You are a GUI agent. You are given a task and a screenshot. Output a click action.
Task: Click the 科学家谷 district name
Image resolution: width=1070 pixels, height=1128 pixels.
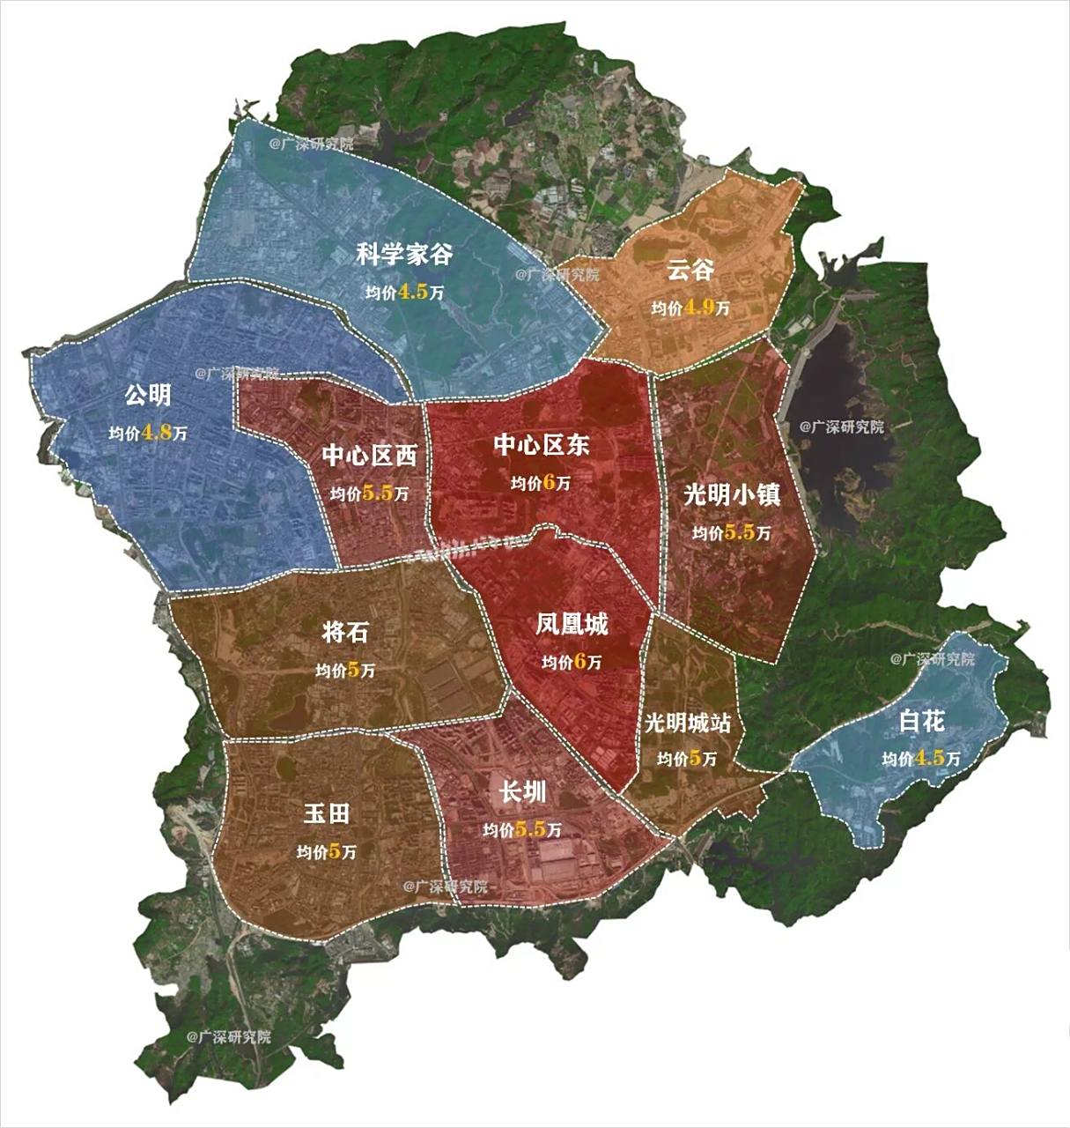click(x=404, y=255)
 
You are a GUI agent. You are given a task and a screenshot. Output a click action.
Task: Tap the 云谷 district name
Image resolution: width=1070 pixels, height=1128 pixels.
click(x=690, y=270)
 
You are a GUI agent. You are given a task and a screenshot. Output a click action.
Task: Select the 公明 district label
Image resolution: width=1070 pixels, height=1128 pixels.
click(x=147, y=396)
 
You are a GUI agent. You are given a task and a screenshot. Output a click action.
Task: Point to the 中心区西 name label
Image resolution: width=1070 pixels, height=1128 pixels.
click(x=369, y=456)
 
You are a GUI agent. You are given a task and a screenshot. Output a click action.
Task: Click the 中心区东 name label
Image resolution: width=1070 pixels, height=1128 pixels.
click(x=541, y=444)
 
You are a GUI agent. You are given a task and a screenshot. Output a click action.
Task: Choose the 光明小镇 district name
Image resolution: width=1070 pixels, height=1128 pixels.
click(x=732, y=495)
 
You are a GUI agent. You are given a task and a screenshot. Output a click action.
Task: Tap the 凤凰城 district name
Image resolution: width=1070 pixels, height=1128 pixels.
click(x=572, y=625)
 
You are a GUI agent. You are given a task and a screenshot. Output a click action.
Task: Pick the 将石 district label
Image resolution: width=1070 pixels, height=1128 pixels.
click(x=345, y=632)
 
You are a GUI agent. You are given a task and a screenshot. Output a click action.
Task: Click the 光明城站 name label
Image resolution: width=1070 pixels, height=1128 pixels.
click(x=687, y=724)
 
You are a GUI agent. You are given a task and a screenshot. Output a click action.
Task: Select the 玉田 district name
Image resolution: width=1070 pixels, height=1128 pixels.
click(x=326, y=813)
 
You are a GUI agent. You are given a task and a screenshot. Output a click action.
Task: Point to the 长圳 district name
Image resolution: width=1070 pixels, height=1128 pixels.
click(x=522, y=792)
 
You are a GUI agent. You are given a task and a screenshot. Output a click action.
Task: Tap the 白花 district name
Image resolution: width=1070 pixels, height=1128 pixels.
click(x=921, y=722)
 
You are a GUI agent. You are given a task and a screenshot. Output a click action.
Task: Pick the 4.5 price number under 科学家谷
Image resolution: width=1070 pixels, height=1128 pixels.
click(x=412, y=293)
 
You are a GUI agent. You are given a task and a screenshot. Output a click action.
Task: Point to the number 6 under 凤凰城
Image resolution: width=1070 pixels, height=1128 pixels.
click(x=580, y=662)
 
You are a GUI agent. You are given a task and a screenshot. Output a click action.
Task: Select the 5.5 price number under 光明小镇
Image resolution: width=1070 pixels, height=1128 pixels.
click(x=739, y=532)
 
